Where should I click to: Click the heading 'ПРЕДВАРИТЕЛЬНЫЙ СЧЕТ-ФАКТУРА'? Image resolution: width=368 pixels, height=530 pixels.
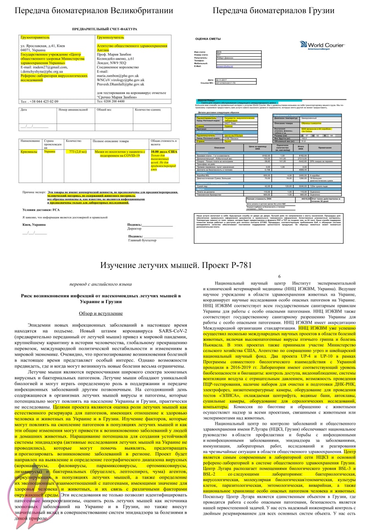coord(104,29)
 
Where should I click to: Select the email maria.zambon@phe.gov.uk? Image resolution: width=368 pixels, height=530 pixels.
coord(118,76)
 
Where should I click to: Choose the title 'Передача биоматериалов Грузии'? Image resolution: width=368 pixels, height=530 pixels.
coord(274,11)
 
